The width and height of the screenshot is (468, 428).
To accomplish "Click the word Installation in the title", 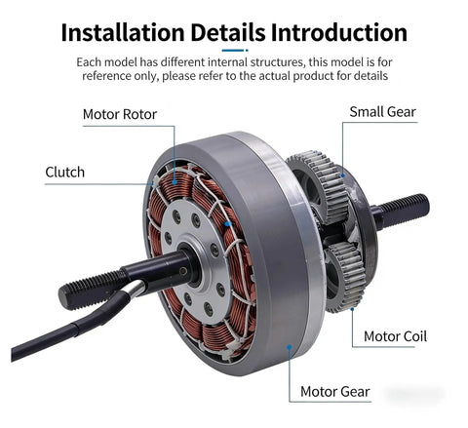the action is click(123, 32).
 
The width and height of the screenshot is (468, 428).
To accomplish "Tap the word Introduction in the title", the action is click(339, 32).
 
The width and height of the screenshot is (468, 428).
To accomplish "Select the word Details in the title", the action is click(228, 32).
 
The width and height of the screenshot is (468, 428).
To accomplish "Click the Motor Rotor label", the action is click(120, 114).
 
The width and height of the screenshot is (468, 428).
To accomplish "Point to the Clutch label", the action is click(65, 172).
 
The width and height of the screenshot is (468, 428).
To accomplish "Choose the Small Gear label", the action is click(383, 112).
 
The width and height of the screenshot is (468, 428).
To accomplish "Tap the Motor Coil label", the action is click(395, 336).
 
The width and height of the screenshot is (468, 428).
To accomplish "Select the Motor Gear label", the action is click(335, 392).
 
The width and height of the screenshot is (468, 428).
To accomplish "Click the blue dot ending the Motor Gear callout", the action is click(290, 347).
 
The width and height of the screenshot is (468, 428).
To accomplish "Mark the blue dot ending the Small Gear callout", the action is click(343, 175).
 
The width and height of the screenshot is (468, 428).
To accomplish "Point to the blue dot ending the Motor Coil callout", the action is click(352, 309).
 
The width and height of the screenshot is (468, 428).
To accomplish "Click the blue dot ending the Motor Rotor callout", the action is click(175, 182).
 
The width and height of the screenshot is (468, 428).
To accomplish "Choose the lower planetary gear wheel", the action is click(344, 276).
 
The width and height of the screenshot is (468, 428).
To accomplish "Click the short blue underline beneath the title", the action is click(235, 51).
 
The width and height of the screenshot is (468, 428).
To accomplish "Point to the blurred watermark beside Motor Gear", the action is click(415, 394).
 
